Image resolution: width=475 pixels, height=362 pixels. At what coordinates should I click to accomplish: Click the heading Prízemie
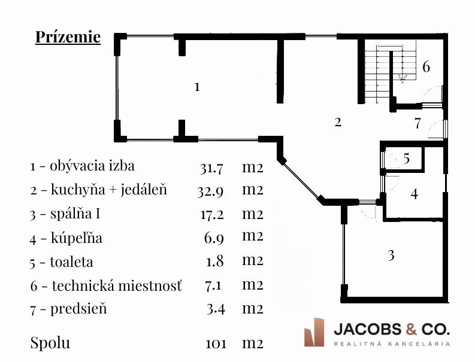pyautogui.click(x=68, y=37)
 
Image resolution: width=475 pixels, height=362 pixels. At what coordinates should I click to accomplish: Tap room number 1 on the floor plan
pyautogui.click(x=197, y=87)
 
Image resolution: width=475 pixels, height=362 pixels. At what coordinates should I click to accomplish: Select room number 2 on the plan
pyautogui.click(x=338, y=122)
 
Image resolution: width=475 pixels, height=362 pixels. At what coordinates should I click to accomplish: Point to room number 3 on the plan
pyautogui.click(x=391, y=255)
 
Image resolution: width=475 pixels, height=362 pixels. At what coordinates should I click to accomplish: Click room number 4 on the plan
pyautogui.click(x=414, y=194)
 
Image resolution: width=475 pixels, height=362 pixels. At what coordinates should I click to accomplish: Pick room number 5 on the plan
pyautogui.click(x=407, y=159)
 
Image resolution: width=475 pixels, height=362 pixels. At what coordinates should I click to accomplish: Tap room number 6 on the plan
pyautogui.click(x=426, y=66)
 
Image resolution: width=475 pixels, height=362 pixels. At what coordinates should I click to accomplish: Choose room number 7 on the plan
pyautogui.click(x=418, y=124)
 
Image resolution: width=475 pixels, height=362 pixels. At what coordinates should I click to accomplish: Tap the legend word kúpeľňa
pyautogui.click(x=77, y=239)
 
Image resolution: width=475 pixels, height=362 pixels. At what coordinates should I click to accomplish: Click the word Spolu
pyautogui.click(x=50, y=343)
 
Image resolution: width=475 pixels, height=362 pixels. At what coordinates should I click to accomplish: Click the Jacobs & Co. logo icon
pyautogui.click(x=314, y=332)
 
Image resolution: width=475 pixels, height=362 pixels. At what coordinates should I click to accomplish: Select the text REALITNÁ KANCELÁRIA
pyautogui.click(x=391, y=343)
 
